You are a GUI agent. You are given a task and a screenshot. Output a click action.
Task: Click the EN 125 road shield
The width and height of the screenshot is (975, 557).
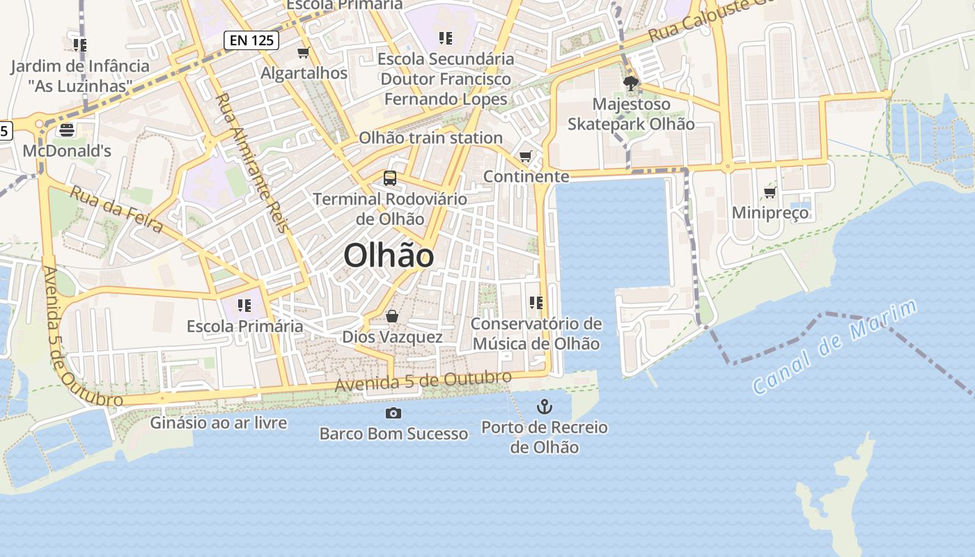point(251,40)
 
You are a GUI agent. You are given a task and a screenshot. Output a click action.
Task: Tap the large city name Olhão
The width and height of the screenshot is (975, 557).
point(389,256)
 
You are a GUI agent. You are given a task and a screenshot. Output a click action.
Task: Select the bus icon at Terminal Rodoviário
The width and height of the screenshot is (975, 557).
point(390,178)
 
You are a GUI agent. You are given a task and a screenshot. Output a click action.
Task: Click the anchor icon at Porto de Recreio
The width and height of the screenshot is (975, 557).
point(544,407)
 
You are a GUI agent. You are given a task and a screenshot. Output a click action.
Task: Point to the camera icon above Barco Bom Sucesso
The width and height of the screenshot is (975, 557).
point(393,414)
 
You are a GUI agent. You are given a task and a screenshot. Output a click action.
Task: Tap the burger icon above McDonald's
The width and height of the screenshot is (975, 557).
point(67,130)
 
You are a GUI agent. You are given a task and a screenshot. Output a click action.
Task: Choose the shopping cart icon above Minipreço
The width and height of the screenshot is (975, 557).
point(770,192)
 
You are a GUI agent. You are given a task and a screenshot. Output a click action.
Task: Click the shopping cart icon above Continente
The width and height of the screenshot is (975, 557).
point(526,156)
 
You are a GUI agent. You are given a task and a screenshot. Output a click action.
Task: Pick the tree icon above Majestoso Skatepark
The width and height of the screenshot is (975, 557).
point(631,84)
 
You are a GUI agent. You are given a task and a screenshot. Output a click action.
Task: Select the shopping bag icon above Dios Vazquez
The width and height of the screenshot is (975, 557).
point(392,317)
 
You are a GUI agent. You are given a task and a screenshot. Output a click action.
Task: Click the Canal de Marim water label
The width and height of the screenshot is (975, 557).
point(836,347)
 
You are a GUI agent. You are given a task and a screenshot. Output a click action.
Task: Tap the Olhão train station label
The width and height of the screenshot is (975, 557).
point(430,138)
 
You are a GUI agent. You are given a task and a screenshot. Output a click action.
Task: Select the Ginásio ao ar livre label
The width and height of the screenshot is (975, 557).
point(219,423)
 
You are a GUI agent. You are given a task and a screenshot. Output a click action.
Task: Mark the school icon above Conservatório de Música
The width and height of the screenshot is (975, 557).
point(536,303)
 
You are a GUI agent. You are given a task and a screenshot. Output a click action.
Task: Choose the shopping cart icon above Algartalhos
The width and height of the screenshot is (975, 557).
point(303,53)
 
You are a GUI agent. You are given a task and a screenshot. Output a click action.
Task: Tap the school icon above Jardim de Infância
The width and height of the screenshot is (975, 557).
point(79,45)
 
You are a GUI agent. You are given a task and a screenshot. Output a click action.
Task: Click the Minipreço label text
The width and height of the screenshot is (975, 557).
point(770,212)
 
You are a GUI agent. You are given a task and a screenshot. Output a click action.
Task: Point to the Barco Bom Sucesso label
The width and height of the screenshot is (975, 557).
point(393,434)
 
